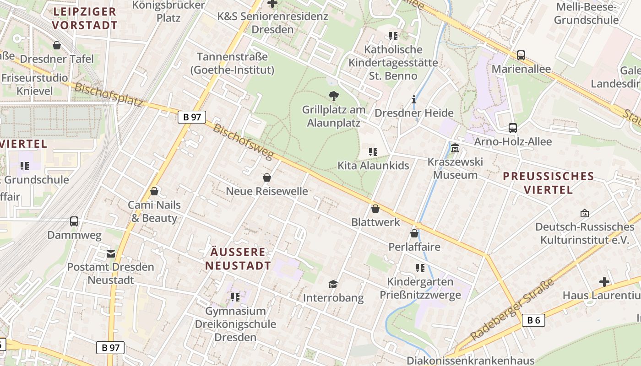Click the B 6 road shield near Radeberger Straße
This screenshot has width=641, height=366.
tap(533, 320)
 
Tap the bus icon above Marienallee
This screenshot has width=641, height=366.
tap(521, 55)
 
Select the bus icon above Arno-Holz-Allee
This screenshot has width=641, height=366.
tap(513, 128)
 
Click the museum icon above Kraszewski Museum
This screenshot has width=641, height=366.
tap(455, 148)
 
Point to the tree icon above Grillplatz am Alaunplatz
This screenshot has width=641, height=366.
tap(334, 96)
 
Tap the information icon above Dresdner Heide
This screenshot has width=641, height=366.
tap(414, 99)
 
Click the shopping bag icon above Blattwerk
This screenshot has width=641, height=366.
tap(375, 209)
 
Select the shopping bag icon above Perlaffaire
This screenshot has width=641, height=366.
tap(414, 233)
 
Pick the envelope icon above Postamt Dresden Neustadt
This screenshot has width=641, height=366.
tap(111, 253)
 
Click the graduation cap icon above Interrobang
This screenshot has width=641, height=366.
tap(333, 285)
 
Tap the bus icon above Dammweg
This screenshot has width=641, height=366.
tap(74, 221)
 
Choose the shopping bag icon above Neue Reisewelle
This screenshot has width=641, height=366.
tap(267, 178)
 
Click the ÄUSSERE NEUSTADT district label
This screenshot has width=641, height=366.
tap(238, 258)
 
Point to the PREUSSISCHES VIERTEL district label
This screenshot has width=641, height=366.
tap(549, 183)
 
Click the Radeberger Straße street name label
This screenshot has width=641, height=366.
tap(512, 309)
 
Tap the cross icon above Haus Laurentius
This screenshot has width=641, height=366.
tap(604, 282)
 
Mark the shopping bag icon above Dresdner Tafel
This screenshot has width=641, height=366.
tap(57, 45)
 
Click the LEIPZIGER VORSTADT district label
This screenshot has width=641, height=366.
tap(85, 18)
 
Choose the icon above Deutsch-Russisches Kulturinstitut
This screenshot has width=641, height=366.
tap(584, 213)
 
